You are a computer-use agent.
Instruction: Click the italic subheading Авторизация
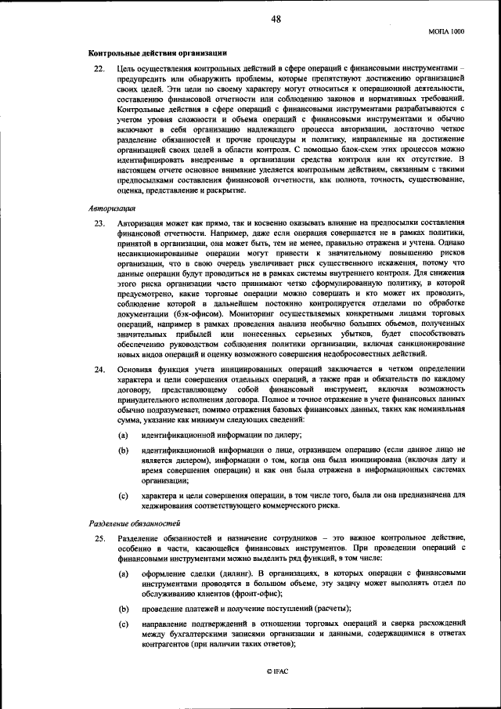(111, 208)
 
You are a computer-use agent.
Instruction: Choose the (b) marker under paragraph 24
(123, 450)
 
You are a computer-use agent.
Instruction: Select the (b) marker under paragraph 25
(123, 609)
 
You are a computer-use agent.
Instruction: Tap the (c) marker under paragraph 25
(123, 624)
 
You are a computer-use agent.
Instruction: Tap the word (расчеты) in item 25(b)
(332, 609)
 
